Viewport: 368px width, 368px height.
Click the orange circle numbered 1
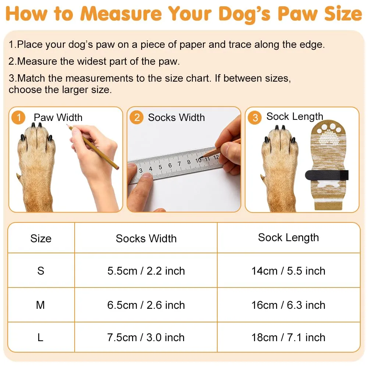18,117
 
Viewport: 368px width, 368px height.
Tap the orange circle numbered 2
137,117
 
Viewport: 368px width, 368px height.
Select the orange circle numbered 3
255,117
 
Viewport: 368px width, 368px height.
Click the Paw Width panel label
58,117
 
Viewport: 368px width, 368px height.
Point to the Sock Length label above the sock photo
295,117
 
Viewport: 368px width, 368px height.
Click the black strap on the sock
327,175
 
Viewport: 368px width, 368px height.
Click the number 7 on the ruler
179,164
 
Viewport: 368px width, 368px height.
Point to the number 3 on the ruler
140,170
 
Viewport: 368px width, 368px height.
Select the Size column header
41,239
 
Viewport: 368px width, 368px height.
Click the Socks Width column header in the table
146,239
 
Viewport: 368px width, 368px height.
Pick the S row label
41,271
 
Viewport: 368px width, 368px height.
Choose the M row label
40,305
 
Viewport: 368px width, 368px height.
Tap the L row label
40,337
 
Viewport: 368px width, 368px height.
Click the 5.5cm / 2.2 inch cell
146,271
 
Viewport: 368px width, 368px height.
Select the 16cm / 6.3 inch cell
289,305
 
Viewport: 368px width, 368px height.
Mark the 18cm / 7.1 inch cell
289,337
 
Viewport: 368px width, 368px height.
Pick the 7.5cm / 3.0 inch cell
146,337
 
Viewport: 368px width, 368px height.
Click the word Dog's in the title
244,14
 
